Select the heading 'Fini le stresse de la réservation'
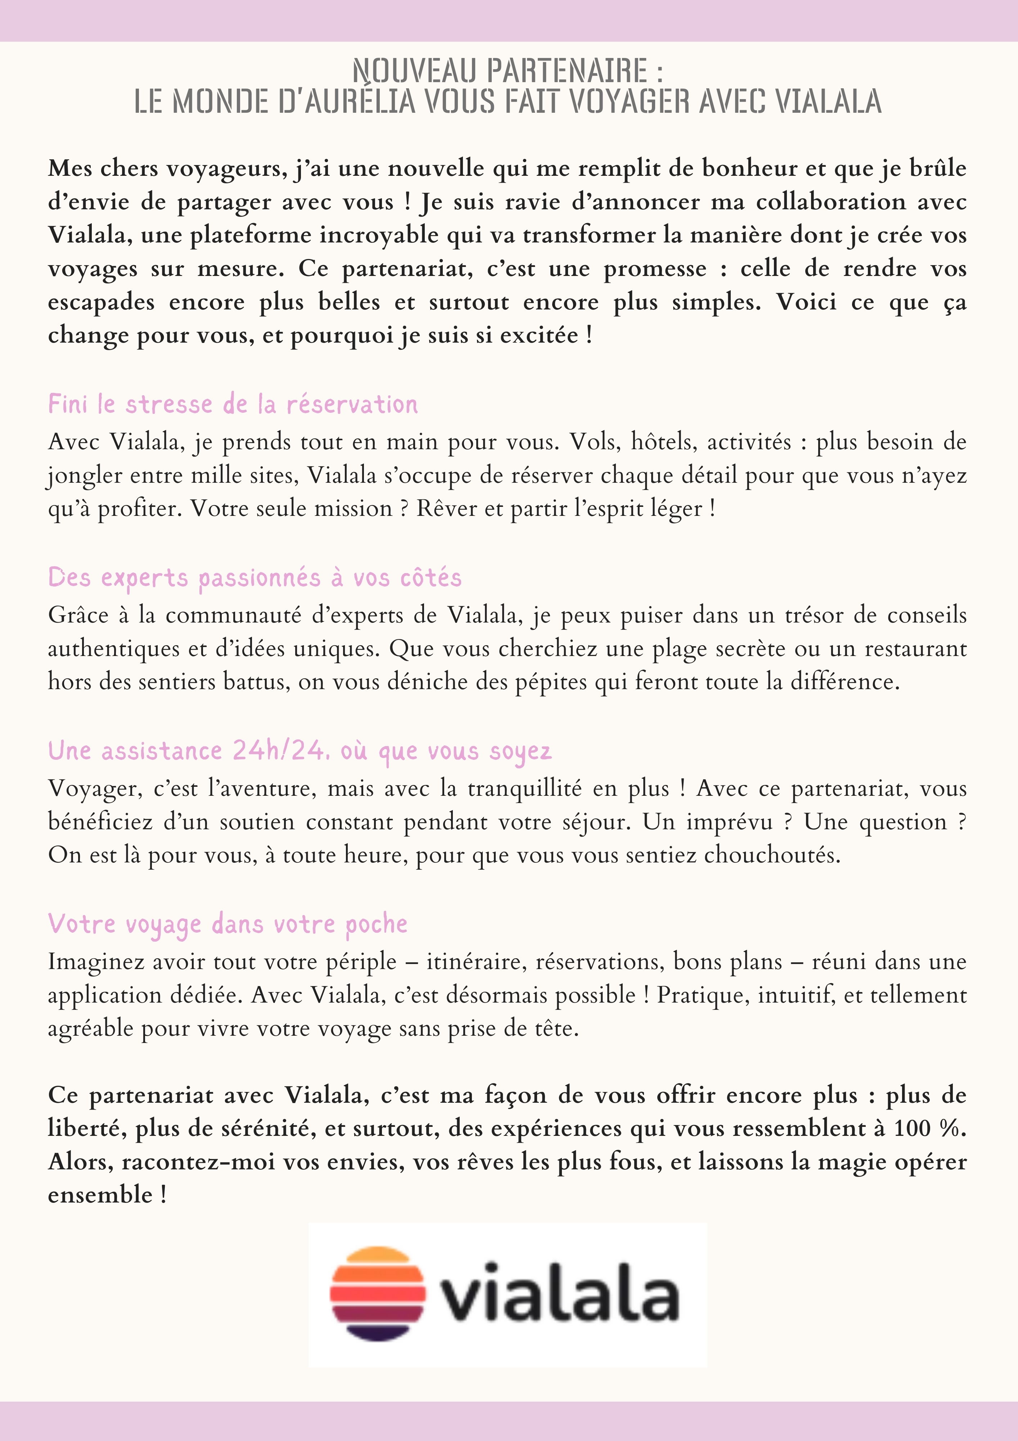(x=233, y=404)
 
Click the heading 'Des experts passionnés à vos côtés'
(x=254, y=577)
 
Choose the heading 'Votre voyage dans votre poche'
(x=228, y=924)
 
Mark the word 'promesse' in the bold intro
(x=655, y=269)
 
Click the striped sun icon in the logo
(x=378, y=1294)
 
